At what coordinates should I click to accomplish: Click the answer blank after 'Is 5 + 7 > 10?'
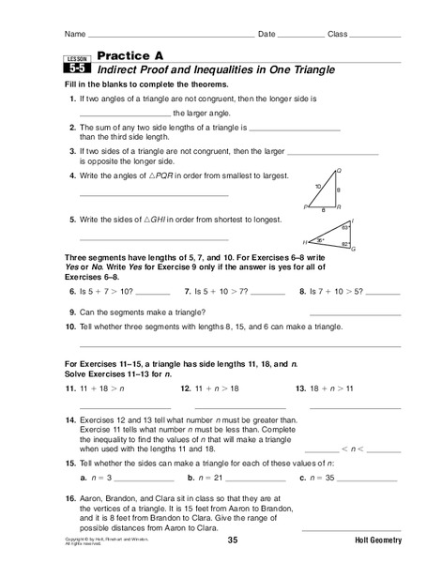[x=160, y=292]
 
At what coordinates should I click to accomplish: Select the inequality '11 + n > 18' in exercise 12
[x=210, y=387]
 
